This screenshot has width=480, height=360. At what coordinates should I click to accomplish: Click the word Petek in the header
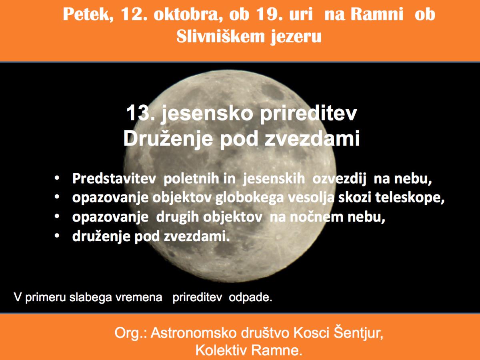tap(88, 15)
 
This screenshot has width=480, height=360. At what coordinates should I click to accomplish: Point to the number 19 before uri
tap(271, 14)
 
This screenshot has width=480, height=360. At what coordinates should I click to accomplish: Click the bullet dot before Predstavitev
tap(57, 178)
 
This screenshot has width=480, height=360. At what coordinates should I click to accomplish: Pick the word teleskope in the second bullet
tap(410, 198)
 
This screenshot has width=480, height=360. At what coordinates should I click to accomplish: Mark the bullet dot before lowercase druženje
tap(57, 236)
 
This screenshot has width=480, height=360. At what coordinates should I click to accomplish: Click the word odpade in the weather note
tap(250, 297)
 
